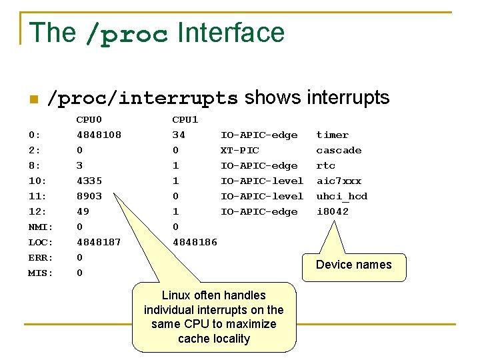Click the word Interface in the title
[231, 33]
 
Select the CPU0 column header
[89, 120]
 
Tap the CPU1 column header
[185, 120]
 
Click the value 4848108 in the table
[99, 135]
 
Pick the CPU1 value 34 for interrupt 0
[179, 135]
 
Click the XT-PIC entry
[239, 151]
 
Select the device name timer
[332, 135]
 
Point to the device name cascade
[339, 151]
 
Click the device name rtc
[325, 166]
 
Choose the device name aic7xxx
[339, 181]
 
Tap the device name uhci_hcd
[341, 197]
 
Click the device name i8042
[332, 212]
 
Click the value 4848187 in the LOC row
[99, 243]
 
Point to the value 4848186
[195, 243]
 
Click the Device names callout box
[353, 265]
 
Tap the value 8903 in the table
[89, 197]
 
